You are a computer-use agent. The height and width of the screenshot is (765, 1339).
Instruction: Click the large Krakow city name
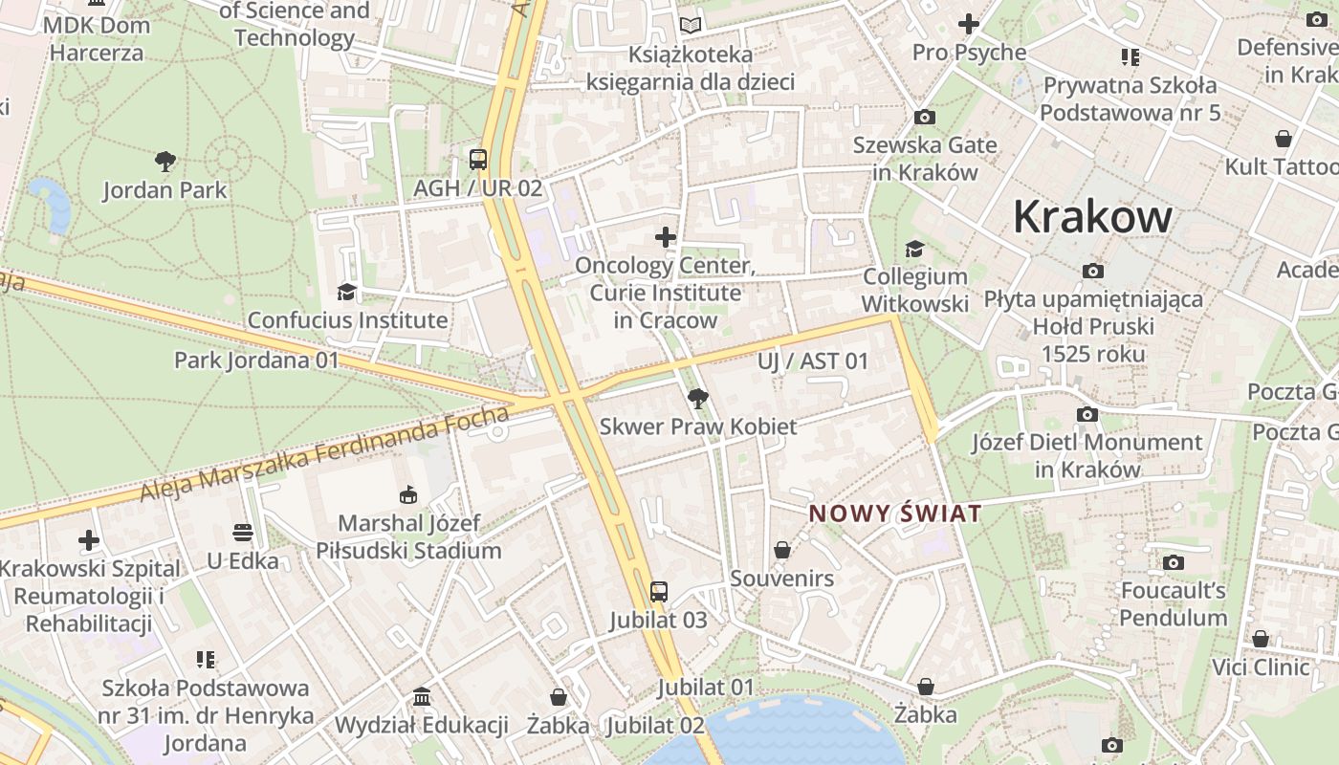click(x=1091, y=216)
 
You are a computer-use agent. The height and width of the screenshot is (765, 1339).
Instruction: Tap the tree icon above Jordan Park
click(x=165, y=162)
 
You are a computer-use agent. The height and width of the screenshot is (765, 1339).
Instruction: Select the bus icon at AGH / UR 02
click(x=477, y=160)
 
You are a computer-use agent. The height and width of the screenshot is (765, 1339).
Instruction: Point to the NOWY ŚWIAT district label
click(x=895, y=514)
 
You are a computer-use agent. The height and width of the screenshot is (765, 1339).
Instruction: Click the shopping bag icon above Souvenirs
click(x=782, y=550)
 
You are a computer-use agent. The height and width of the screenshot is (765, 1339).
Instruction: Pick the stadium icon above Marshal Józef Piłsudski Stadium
click(x=408, y=495)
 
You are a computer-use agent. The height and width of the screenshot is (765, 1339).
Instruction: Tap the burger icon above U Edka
click(x=242, y=532)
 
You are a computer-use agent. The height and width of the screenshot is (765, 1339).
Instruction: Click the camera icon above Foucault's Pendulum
click(x=1173, y=562)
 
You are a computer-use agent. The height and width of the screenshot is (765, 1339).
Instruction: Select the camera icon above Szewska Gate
click(x=924, y=118)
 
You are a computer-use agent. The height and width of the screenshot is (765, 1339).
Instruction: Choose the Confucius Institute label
click(x=347, y=320)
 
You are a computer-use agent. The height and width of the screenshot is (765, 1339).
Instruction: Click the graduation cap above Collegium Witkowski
click(x=914, y=249)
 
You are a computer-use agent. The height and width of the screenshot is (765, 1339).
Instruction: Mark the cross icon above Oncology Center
click(x=666, y=237)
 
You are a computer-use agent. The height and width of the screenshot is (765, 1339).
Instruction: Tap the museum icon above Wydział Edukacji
click(x=422, y=697)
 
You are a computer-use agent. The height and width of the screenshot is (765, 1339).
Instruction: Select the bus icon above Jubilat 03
click(x=658, y=592)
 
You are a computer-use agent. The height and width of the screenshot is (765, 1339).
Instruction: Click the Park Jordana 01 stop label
click(x=256, y=361)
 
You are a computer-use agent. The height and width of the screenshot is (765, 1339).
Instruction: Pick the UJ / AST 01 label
click(x=813, y=361)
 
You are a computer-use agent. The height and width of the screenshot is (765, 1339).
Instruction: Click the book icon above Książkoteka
click(x=691, y=26)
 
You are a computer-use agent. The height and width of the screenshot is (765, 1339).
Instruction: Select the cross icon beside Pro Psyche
click(x=969, y=24)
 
